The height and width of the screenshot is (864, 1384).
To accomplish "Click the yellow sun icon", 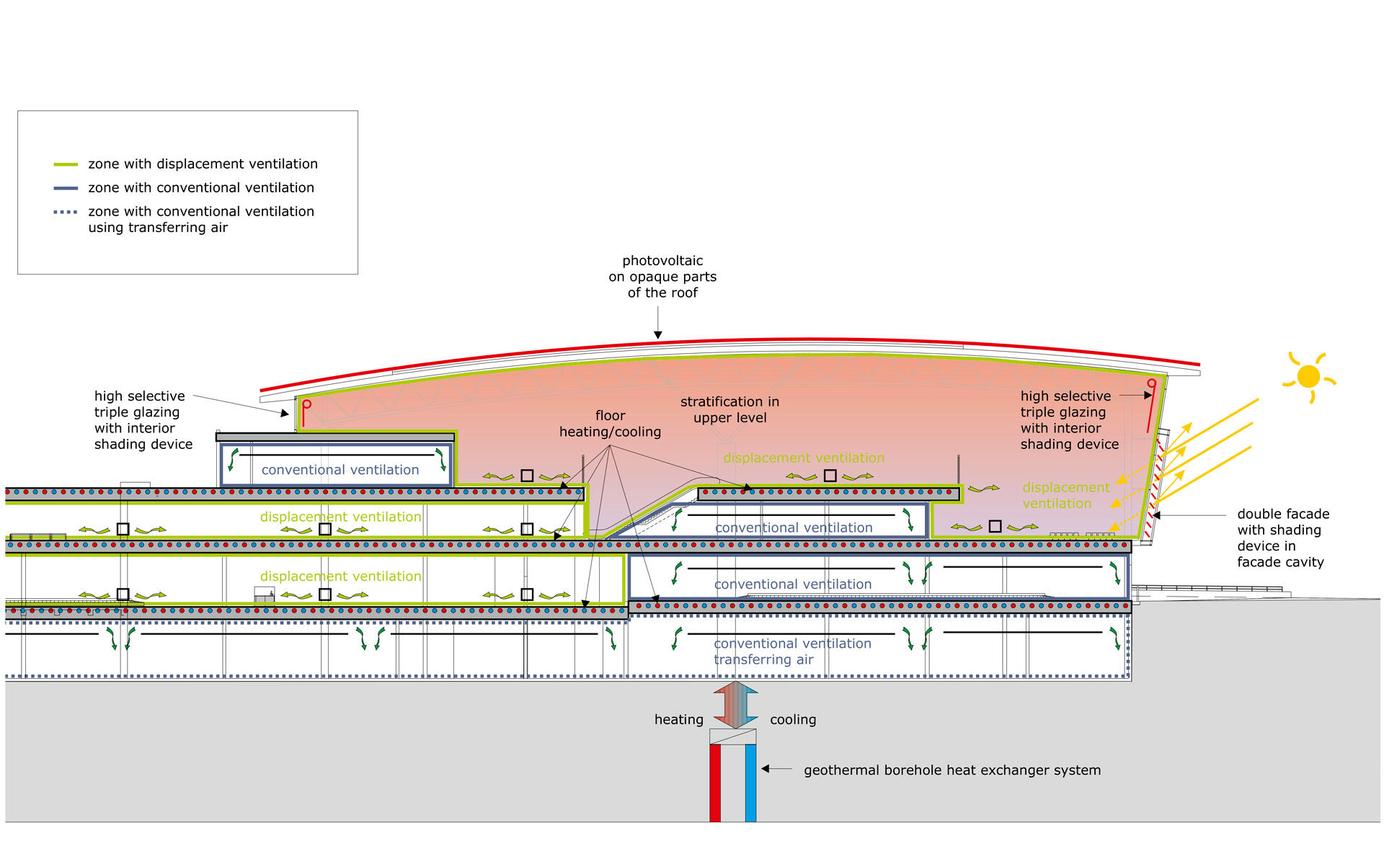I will [1308, 376].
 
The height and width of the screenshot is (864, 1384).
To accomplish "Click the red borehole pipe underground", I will [715, 783].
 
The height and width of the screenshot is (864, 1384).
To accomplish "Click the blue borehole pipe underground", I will [750, 783].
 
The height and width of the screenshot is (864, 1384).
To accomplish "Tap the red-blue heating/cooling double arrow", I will [735, 705].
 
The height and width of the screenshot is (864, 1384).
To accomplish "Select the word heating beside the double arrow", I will [678, 719].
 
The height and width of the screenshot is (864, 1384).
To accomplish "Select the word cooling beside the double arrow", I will [793, 719].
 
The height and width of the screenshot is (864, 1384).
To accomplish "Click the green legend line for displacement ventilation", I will [66, 164].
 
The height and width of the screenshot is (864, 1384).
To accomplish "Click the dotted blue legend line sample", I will [66, 212].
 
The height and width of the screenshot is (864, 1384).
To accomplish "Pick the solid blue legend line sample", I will [66, 188].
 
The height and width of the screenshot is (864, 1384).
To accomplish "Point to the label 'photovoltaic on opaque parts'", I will [662, 277].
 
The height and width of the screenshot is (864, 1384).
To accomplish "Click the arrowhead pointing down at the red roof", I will [657, 334].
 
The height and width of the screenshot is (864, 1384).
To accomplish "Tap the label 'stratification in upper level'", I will [729, 409].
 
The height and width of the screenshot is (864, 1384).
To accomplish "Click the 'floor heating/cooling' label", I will [610, 424].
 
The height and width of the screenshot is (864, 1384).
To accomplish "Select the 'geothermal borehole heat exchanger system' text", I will [951, 770].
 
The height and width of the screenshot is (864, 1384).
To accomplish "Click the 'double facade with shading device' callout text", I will [1282, 538].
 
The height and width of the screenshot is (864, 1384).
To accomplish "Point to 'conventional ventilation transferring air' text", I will [791, 651].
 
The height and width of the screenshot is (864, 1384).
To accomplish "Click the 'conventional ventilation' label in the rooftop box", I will [340, 470].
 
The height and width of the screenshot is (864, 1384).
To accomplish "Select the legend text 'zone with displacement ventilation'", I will [203, 164].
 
